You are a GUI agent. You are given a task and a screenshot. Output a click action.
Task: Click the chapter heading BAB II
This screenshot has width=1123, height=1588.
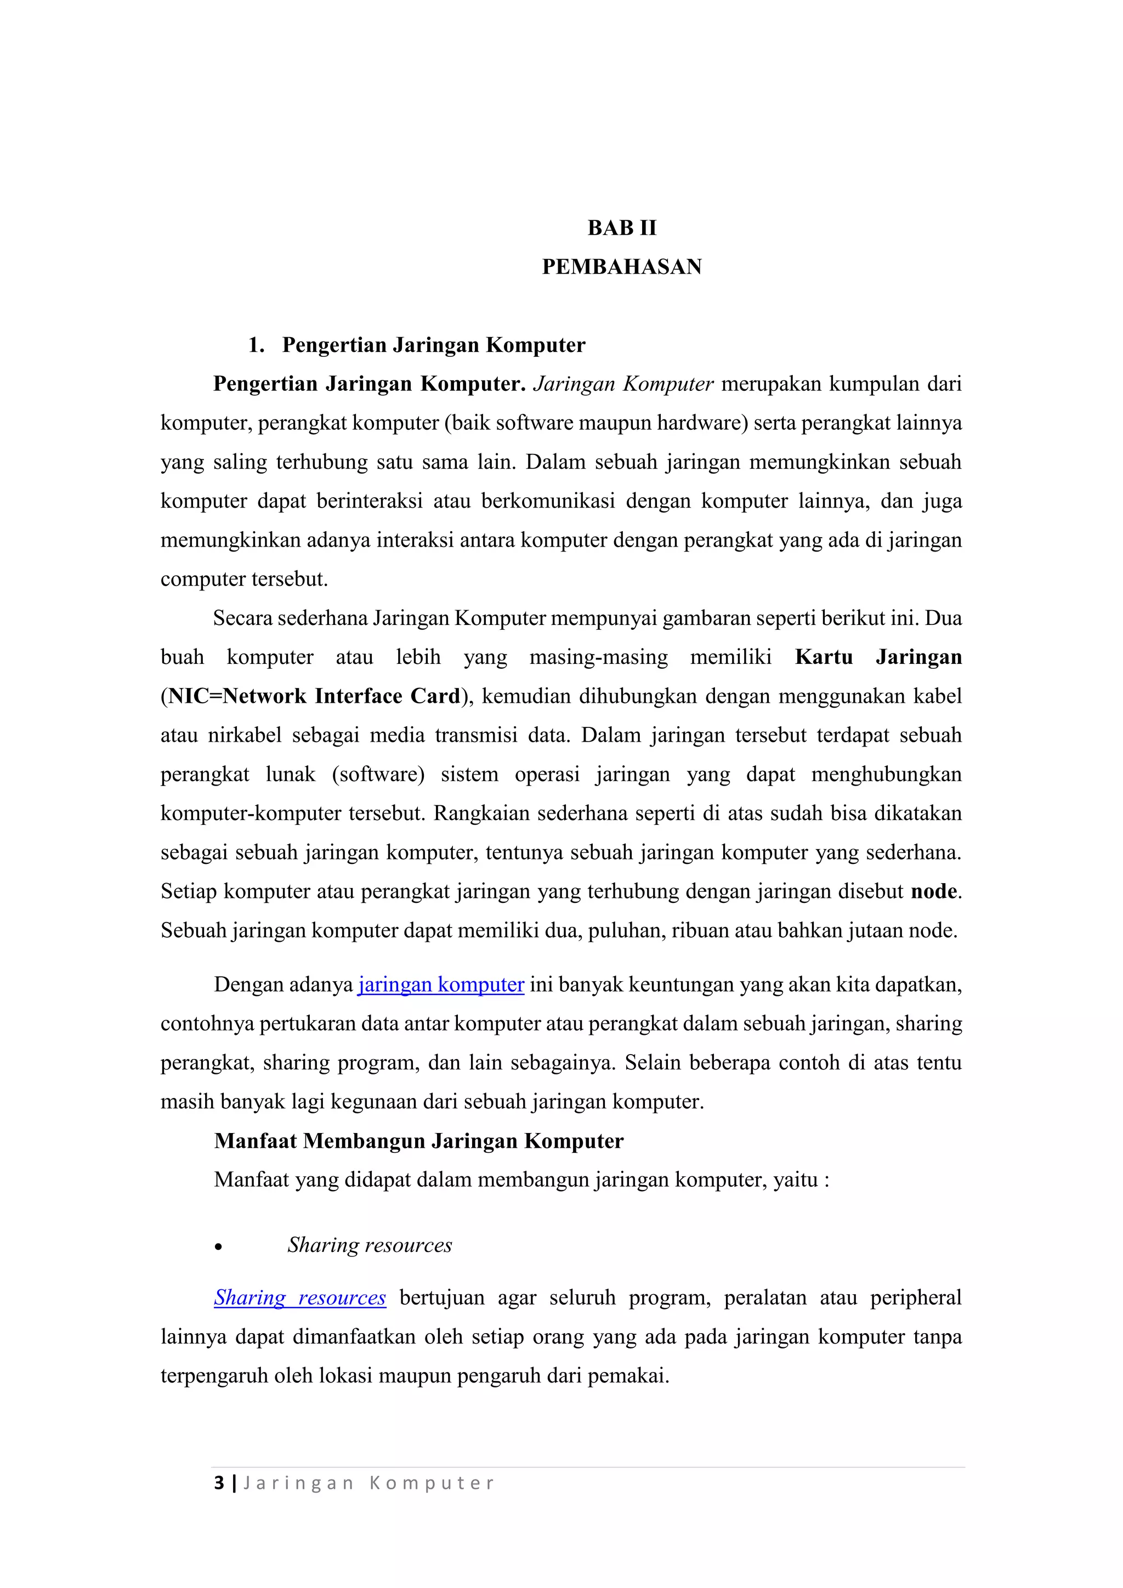click(x=621, y=227)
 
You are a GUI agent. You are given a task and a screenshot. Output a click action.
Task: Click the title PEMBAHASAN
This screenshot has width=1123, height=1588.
click(x=621, y=267)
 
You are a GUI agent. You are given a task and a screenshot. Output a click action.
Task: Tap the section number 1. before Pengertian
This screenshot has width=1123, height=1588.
click(x=256, y=345)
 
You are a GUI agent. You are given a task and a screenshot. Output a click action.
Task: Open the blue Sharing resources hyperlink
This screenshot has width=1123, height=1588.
click(x=299, y=1297)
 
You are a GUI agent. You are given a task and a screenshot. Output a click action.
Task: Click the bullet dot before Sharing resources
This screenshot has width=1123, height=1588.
click(x=219, y=1247)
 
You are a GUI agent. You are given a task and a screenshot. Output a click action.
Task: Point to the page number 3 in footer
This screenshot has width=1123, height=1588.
click(x=219, y=1483)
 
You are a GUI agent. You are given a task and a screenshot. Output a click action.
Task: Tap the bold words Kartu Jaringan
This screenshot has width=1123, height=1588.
click(x=878, y=657)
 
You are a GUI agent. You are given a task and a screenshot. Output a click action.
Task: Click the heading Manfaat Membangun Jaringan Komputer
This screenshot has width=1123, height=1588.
click(x=418, y=1141)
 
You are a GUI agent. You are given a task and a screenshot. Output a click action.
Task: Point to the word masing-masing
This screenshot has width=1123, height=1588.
click(x=599, y=657)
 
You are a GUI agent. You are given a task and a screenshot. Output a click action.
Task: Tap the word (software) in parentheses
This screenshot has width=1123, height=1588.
click(x=378, y=774)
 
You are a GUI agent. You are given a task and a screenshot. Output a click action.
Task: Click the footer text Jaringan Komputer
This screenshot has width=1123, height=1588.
click(x=369, y=1483)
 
